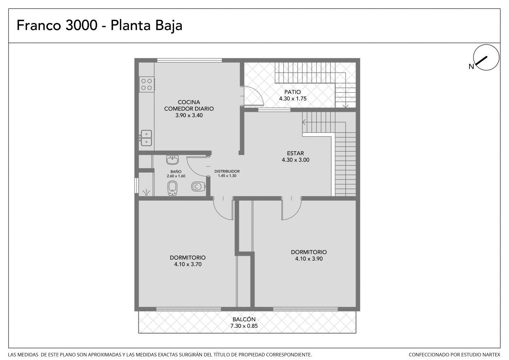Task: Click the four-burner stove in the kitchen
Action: tap(147, 84)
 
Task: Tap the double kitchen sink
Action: tap(146, 138)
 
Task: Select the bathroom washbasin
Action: tap(172, 160)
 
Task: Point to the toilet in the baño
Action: tap(198, 187)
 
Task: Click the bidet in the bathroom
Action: tap(172, 188)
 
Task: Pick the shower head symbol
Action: tap(146, 193)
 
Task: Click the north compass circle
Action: tap(486, 57)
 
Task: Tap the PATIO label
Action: tap(292, 92)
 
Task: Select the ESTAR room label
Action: tap(295, 153)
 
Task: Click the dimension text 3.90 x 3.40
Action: tap(189, 116)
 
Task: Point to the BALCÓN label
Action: tap(244, 319)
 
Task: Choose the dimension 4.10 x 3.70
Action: tap(188, 264)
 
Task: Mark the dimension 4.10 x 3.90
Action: tap(309, 259)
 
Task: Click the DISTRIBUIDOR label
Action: tap(227, 171)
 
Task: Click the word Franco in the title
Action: tap(39, 25)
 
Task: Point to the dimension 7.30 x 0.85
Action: tap(244, 326)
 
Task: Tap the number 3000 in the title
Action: tap(81, 25)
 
